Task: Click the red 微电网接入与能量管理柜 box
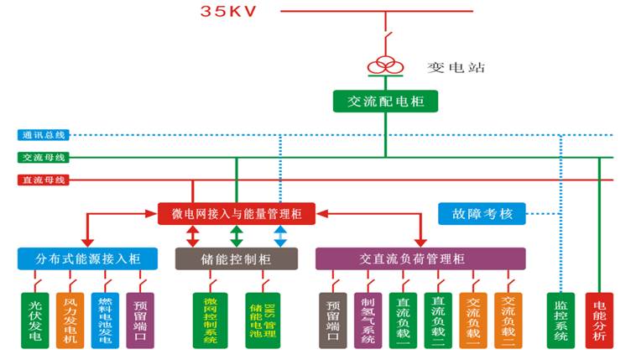tap(237, 213)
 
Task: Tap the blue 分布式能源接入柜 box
tap(80, 258)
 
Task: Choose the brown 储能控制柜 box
tap(236, 258)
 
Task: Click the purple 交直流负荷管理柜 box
tap(420, 258)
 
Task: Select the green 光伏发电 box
tap(35, 319)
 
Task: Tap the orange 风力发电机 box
tap(70, 319)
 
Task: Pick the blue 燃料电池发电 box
tap(105, 319)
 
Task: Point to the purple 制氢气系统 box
tap(367, 319)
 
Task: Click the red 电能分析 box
tap(600, 319)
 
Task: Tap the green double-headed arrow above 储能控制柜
tap(237, 235)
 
